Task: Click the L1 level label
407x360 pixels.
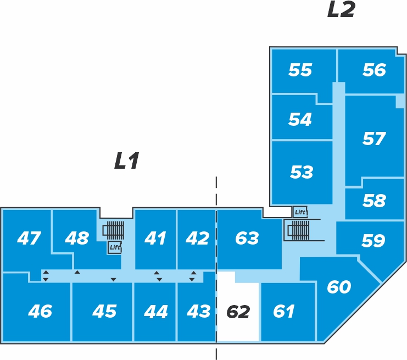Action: point(127,161)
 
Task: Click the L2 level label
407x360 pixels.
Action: point(341,9)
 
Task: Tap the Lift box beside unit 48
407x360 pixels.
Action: point(115,247)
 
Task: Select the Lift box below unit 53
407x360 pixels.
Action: point(300,212)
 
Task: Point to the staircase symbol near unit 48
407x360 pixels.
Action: point(114,230)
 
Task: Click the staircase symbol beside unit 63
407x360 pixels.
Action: point(298,230)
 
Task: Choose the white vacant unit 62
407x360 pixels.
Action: point(238,307)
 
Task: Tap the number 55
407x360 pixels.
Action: point(300,70)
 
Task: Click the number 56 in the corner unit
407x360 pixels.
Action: point(374,70)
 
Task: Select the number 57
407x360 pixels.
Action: point(374,139)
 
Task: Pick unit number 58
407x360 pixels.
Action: point(374,201)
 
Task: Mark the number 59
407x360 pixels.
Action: point(373,240)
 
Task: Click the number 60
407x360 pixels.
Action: point(339,287)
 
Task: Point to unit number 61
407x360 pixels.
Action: point(283,311)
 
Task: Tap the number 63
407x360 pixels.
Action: point(247,238)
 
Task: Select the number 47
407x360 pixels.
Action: point(29,238)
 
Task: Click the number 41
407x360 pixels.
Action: point(155,238)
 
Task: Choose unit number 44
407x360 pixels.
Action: point(156,312)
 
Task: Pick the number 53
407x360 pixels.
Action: point(302,172)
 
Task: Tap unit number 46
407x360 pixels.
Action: point(40,311)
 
